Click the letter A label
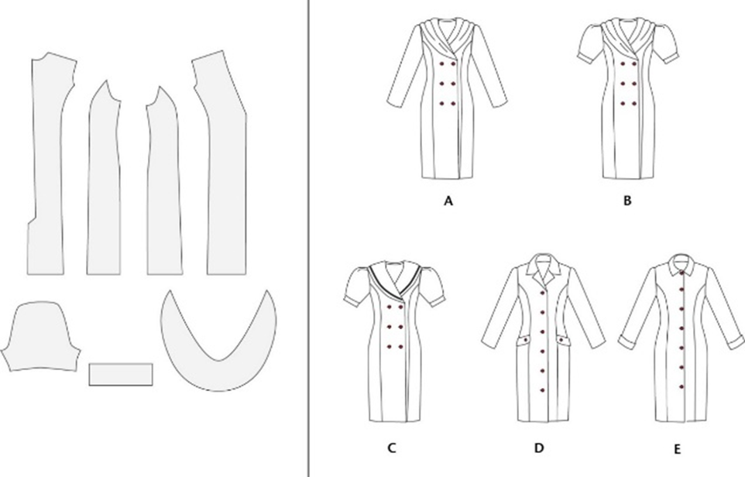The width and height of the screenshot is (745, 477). pos(448,201)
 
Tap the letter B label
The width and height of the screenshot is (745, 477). pos(627,201)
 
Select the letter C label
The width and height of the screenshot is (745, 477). pos(392,448)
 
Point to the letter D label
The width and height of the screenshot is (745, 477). pos(539,448)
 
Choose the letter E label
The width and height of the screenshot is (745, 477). pos(677,449)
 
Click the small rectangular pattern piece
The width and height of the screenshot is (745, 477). pos(121,374)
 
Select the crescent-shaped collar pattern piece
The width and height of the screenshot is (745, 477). pos(218,340)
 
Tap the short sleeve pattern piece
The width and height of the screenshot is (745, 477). pos(40,336)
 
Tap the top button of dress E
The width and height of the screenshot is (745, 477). pos(683,272)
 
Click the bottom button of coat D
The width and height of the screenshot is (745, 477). pos(542,390)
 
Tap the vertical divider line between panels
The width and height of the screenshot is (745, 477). pos(309,238)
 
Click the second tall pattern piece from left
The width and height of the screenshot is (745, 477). pos(104,177)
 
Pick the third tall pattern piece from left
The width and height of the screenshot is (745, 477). pos(163,180)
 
